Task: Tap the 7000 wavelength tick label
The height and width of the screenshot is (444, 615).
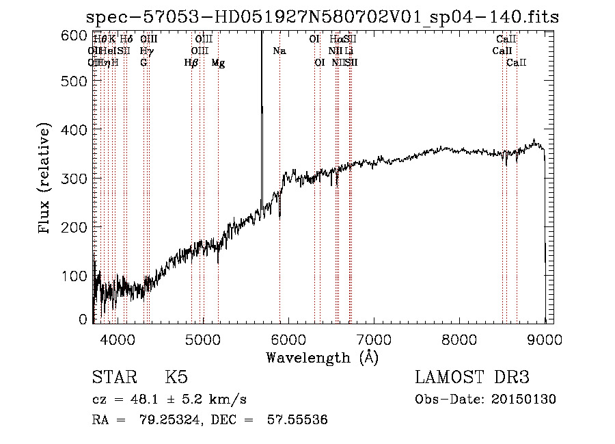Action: [374, 338]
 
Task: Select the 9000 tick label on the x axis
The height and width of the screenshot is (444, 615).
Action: [545, 338]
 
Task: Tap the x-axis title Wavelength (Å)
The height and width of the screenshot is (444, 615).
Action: [322, 357]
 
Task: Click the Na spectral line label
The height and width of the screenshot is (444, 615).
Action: [279, 51]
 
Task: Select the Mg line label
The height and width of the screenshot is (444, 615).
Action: [218, 63]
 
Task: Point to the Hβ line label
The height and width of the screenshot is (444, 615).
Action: [191, 63]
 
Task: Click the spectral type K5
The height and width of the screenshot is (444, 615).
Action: [176, 378]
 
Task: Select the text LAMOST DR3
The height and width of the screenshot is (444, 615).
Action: [472, 378]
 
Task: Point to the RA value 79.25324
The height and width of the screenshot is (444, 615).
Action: [161, 420]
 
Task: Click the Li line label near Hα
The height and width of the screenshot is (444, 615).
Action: [348, 51]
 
